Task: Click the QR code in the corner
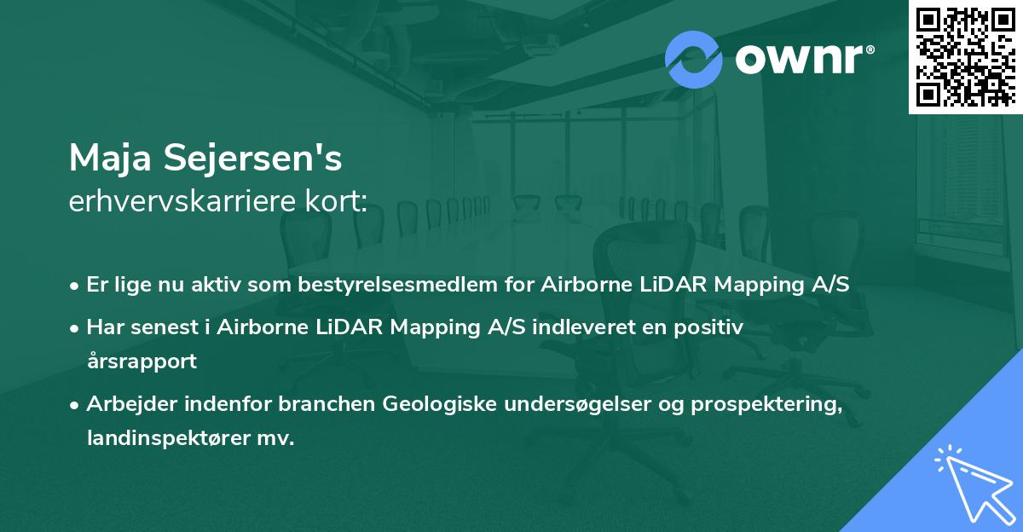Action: tap(965, 57)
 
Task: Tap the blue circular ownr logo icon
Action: tap(693, 60)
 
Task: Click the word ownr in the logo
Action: tap(799, 59)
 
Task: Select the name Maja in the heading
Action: tap(110, 159)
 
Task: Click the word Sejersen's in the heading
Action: tap(252, 158)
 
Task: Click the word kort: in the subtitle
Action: tap(336, 200)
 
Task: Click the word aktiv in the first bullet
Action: tap(216, 284)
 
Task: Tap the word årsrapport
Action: tap(142, 361)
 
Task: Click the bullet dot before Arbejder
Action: tap(74, 405)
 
